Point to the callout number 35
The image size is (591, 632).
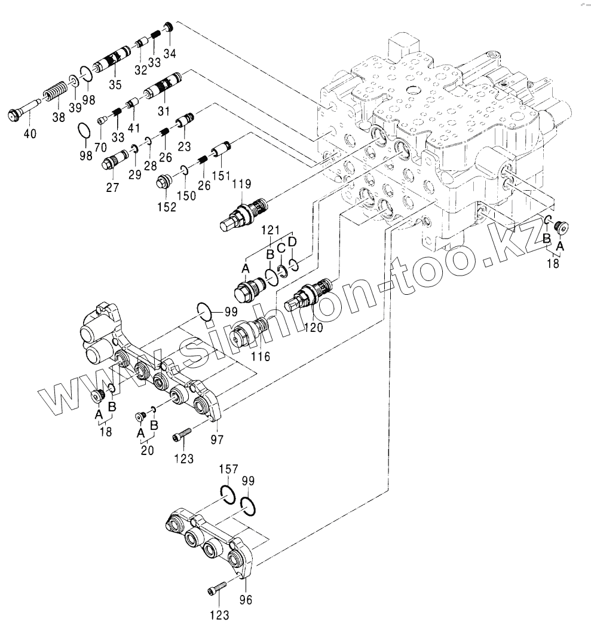[115, 84]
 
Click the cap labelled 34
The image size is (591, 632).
[169, 27]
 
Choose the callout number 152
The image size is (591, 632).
[167, 207]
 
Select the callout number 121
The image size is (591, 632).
[270, 230]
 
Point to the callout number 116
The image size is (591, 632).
[260, 356]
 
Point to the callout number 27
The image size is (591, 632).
[112, 187]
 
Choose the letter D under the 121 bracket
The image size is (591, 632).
[292, 242]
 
